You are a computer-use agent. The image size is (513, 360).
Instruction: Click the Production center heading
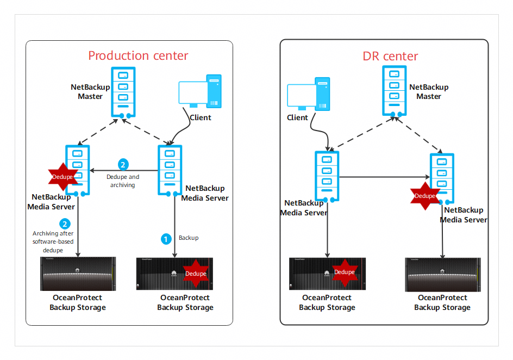138,55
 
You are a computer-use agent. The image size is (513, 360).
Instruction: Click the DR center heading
390,56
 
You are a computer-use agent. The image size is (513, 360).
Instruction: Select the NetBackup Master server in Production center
123,92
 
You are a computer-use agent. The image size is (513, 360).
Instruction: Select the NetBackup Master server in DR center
394,90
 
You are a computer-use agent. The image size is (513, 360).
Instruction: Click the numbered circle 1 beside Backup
166,238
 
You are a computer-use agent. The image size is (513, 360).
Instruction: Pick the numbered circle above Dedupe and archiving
123,164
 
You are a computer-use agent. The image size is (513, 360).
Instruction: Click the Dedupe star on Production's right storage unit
196,274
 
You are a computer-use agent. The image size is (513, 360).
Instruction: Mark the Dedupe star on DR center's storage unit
344,272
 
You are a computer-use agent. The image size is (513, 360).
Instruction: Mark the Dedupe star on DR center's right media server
424,196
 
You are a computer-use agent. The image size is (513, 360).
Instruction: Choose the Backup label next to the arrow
189,238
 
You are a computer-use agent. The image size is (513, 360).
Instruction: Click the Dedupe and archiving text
123,181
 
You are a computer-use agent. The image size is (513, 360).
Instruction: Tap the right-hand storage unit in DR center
442,275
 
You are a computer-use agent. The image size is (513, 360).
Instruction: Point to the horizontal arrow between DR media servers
384,176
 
